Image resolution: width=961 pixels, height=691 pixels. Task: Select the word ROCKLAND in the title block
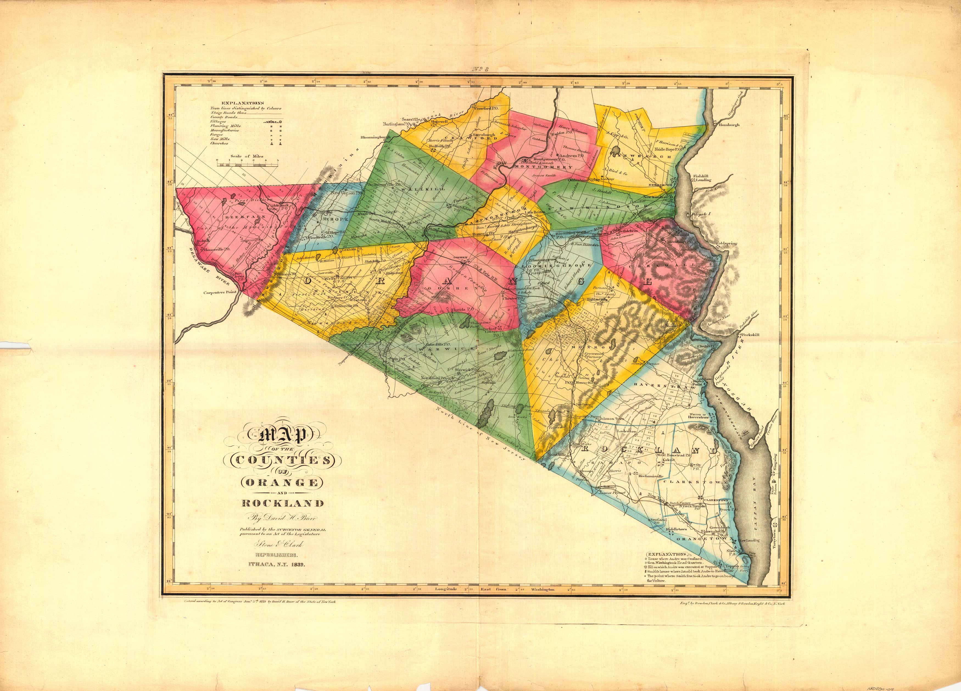pos(283,504)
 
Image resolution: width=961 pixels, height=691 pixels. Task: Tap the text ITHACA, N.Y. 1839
pos(277,565)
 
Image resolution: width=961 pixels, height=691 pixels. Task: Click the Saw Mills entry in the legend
pos(220,139)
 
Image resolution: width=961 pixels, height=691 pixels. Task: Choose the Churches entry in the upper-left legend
pos(219,143)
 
